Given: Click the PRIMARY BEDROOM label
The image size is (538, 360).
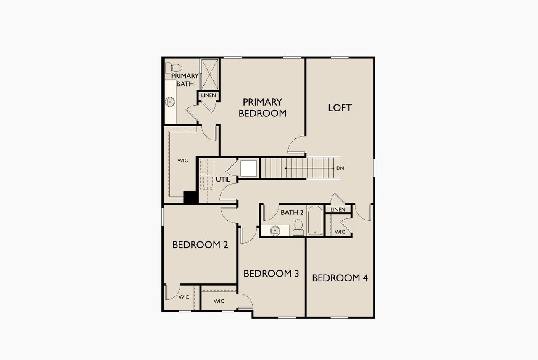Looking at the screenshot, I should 262,108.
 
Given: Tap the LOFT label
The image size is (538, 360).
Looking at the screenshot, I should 340,108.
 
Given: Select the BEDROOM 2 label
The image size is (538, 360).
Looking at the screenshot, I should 200,245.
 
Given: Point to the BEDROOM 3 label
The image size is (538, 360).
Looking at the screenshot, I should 271,274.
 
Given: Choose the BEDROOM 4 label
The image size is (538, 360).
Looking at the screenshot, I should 340,278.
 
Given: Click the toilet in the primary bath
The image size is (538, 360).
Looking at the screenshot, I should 173,68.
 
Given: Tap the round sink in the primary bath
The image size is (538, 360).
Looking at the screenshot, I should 170,101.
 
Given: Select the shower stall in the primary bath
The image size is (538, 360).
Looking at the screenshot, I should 210,74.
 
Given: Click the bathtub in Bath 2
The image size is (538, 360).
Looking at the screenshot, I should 315,221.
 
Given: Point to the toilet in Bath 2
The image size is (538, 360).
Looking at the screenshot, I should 298,228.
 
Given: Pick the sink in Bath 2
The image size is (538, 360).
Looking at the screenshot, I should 275,230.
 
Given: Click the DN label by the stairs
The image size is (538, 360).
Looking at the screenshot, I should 340,168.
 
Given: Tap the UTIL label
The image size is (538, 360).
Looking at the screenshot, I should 223,180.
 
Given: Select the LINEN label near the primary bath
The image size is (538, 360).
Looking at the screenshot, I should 208,95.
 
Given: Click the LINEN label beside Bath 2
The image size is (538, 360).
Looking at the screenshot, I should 338,209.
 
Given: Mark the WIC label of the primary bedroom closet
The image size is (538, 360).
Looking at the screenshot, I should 182,161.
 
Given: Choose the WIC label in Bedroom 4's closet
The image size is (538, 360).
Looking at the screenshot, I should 340,232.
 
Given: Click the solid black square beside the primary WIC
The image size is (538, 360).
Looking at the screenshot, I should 190,198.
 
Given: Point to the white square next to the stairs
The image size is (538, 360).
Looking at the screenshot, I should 248,168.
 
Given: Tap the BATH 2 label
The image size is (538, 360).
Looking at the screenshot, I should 292,212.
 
